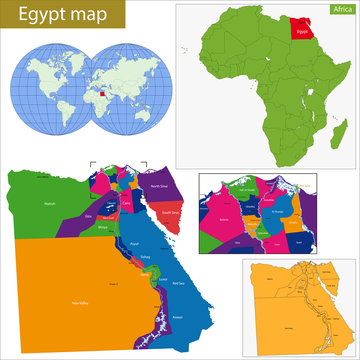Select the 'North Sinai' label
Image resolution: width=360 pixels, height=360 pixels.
[x=158, y=186]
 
